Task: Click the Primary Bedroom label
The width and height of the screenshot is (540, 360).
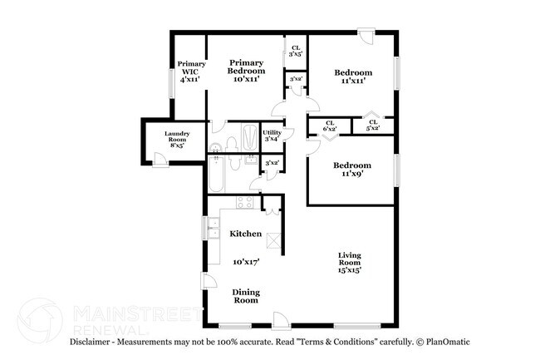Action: coord(247,71)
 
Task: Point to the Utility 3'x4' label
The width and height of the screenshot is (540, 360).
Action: coord(272,136)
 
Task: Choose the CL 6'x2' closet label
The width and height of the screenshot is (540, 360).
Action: coord(330,126)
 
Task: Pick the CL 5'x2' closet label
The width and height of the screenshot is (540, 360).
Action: coord(373,126)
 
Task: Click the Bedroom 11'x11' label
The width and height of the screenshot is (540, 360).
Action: coord(353,76)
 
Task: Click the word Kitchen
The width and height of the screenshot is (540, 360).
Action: coord(246,234)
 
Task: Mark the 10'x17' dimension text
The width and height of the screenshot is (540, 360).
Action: coord(246,261)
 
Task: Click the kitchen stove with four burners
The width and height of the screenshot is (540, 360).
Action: coord(245,202)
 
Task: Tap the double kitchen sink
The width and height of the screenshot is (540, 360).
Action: coord(212,228)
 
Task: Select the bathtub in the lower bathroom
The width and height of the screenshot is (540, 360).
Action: coord(214,176)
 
